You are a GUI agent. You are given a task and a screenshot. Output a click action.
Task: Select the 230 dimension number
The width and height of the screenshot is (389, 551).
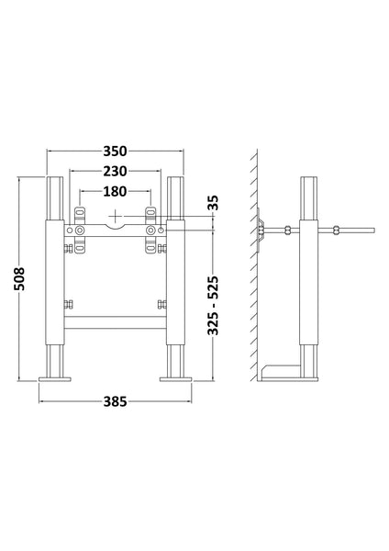114,171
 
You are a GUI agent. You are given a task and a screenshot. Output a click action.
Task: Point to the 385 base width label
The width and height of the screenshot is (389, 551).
114,400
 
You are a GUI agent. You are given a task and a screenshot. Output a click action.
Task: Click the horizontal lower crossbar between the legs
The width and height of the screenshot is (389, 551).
115,320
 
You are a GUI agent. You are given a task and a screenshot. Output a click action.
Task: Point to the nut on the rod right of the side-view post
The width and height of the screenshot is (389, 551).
338,230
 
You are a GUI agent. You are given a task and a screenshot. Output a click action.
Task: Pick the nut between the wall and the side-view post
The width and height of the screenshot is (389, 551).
288,230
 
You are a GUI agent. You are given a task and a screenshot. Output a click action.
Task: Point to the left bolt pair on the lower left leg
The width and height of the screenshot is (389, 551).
67,304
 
